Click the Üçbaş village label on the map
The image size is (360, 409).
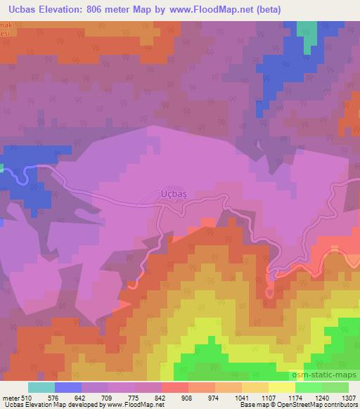167,193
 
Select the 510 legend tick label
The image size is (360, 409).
25,398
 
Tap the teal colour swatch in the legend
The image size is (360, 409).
41,387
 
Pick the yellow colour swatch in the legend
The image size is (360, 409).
281,387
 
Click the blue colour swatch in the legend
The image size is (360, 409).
67,387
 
